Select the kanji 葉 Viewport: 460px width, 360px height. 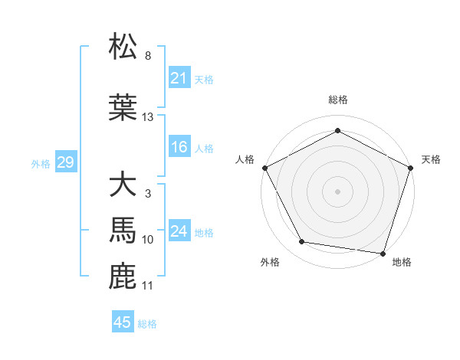123,108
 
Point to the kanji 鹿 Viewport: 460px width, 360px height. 123,277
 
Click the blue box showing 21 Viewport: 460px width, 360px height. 179,78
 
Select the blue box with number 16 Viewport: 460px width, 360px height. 179,148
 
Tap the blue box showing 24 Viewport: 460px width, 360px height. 179,232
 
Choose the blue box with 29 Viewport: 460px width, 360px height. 65,163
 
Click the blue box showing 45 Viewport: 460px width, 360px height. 123,322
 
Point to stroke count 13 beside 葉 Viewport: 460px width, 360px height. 148,117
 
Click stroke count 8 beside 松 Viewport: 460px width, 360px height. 148,56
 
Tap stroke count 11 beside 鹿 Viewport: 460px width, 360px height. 148,286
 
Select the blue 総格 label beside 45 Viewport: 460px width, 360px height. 147,324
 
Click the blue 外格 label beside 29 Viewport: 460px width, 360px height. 40,164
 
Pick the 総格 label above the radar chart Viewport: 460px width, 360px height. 337,100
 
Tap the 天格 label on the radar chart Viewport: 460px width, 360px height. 431,159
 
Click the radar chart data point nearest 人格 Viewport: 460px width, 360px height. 264,167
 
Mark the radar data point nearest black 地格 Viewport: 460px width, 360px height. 383,253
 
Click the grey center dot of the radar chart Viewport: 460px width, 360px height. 337,191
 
